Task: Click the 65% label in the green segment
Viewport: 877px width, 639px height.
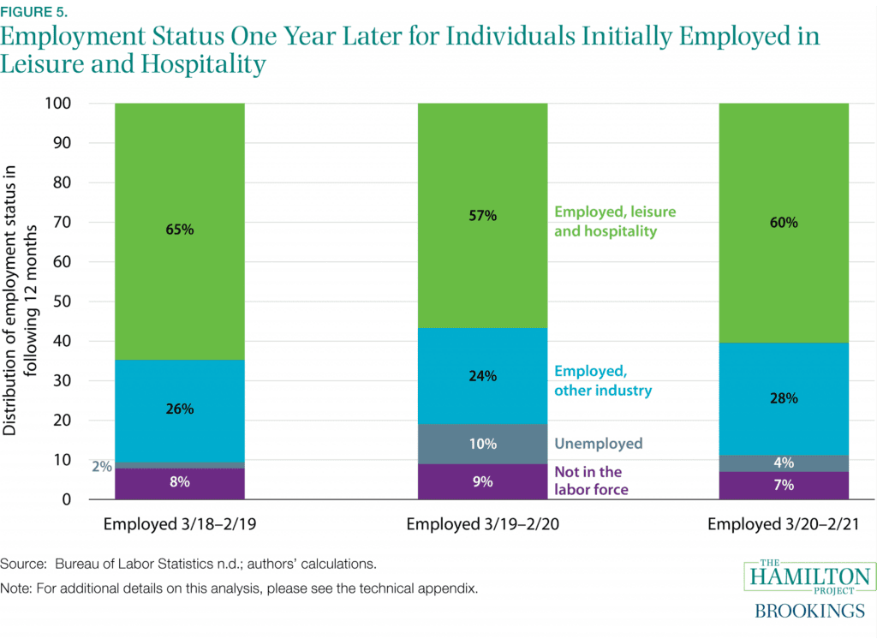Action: pyautogui.click(x=180, y=230)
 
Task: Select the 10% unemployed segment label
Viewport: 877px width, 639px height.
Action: pyautogui.click(x=482, y=444)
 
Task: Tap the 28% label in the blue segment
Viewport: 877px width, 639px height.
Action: pyautogui.click(x=784, y=398)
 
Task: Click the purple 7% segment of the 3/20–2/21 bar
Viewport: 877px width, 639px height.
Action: pyautogui.click(x=784, y=486)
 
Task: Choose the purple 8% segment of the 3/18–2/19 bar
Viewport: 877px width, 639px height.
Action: pyautogui.click(x=180, y=483)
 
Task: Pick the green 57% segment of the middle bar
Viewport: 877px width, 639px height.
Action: pyautogui.click(x=482, y=257)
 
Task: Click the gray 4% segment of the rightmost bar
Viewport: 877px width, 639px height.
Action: pyautogui.click(x=784, y=463)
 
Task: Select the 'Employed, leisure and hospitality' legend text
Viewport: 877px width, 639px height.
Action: pyautogui.click(x=614, y=220)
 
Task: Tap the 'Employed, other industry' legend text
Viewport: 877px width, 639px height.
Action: pyautogui.click(x=603, y=380)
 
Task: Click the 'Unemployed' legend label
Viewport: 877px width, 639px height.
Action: pyautogui.click(x=598, y=444)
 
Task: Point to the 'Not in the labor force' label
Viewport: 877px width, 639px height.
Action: pyautogui.click(x=591, y=481)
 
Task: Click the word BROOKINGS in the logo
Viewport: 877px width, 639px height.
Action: pyautogui.click(x=809, y=611)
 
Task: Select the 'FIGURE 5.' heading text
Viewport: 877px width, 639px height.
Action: pyautogui.click(x=32, y=12)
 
